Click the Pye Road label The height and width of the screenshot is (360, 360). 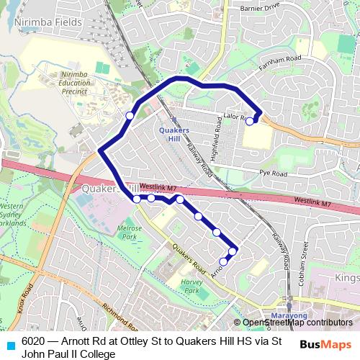point(273,174)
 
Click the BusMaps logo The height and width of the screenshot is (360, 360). point(325,344)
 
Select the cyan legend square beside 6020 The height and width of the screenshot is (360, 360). point(10,343)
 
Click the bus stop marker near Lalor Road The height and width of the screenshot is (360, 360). point(250,122)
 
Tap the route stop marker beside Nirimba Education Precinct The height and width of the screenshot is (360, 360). point(130,115)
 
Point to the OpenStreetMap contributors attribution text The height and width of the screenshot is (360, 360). point(297,323)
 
